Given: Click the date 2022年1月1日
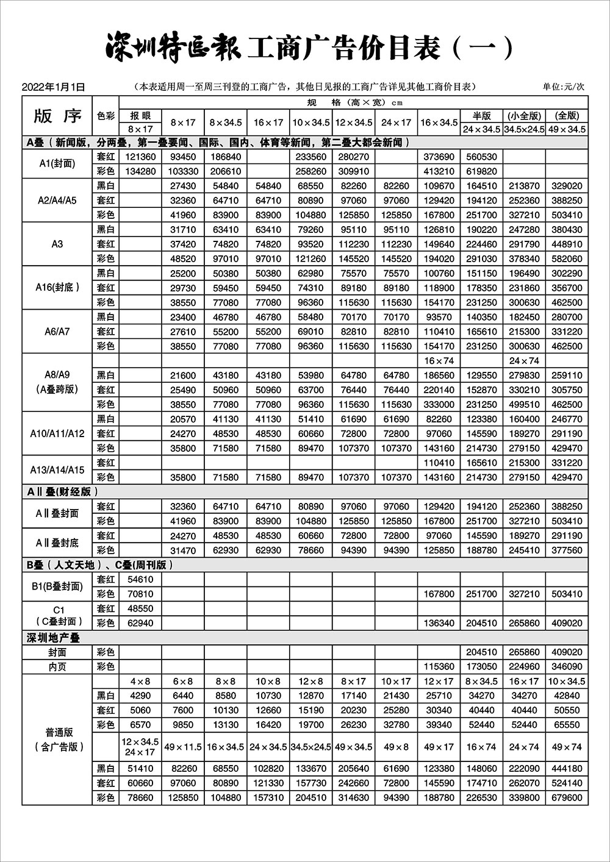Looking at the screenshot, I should coord(52,87).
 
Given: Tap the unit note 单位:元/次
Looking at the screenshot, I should coord(564,87).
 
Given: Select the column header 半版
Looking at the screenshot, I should coord(481,115).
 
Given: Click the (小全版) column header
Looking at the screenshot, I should coord(524,115).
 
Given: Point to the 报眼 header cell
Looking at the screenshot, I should coord(140,115).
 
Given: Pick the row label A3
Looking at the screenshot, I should coord(57,244).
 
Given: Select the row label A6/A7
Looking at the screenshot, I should coord(57,332).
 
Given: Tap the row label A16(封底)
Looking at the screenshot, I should coord(57,288).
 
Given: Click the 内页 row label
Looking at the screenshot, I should coord(57,667).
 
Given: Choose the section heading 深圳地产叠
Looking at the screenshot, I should coord(54,638).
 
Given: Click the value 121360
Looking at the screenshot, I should coord(140,157).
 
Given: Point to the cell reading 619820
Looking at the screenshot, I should coord(481,171).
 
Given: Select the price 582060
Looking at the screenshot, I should coord(567,258).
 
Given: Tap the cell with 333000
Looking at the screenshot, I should coord(439,404).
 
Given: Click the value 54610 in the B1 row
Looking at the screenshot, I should coord(140,579).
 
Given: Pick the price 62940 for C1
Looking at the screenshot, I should coord(140,623).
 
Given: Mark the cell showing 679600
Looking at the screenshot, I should coord(567,797).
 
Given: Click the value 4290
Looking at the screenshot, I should coord(140,696).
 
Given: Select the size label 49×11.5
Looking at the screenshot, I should coord(182,747).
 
